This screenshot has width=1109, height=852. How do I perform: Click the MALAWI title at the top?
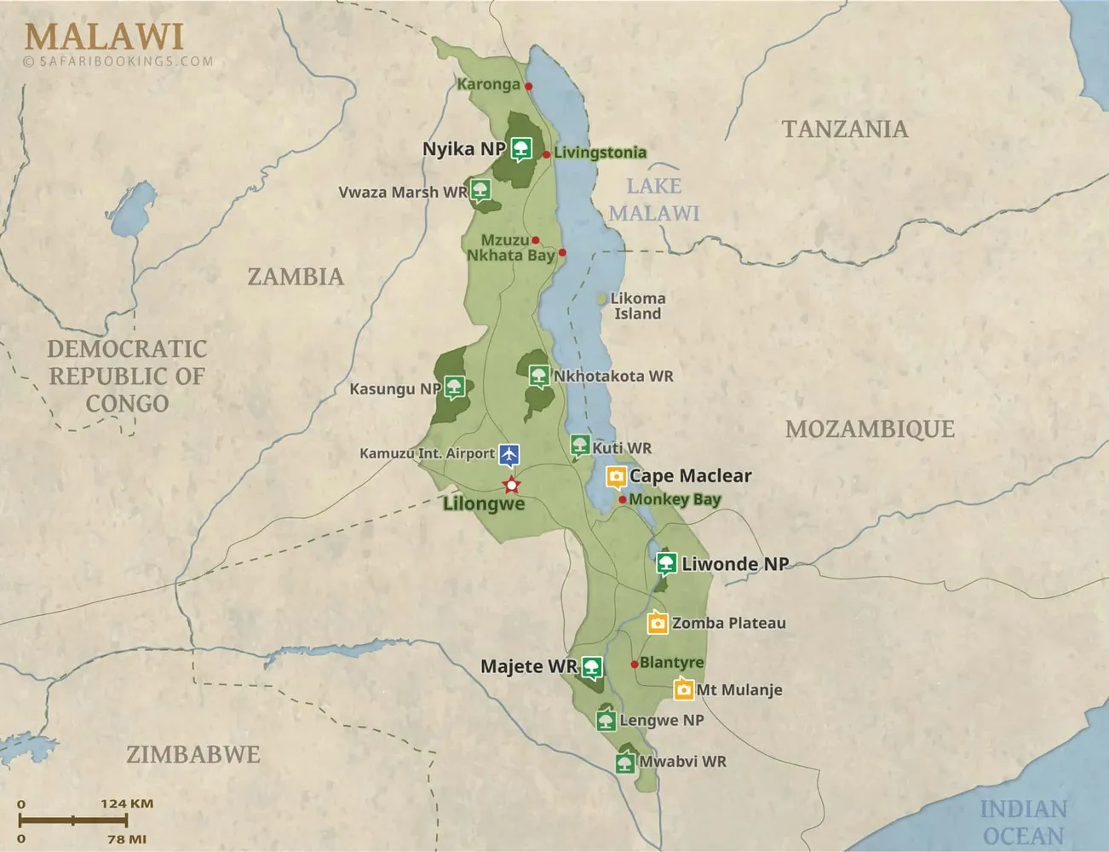pos(104,37)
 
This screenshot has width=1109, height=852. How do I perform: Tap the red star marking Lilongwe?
pos(511,486)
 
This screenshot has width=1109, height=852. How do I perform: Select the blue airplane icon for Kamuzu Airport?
pos(509,454)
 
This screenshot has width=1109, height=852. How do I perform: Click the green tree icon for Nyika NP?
pos(521,149)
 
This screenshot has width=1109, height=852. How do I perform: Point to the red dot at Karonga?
pos(528,86)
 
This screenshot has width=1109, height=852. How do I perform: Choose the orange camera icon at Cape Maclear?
pos(616,476)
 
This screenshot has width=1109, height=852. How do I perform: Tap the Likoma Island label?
pos(637,306)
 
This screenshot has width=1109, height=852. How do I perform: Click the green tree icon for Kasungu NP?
pos(454,388)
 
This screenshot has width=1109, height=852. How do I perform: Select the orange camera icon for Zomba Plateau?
pos(657,623)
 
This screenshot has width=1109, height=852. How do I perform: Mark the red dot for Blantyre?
pos(635,664)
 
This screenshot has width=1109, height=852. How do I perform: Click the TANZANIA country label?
pos(844,130)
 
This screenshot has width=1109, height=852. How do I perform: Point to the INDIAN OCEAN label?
pos(1022,822)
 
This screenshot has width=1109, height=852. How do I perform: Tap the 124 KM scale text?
pos(127,803)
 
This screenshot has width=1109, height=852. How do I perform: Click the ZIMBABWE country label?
pos(193,755)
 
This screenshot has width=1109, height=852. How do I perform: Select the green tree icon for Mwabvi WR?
pos(625,763)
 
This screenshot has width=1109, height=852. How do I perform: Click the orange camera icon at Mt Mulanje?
pos(683,689)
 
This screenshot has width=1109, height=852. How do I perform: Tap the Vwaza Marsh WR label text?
pos(403,193)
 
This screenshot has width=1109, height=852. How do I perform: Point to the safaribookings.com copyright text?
pos(119,61)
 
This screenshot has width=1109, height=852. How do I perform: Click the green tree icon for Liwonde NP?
pos(666,563)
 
